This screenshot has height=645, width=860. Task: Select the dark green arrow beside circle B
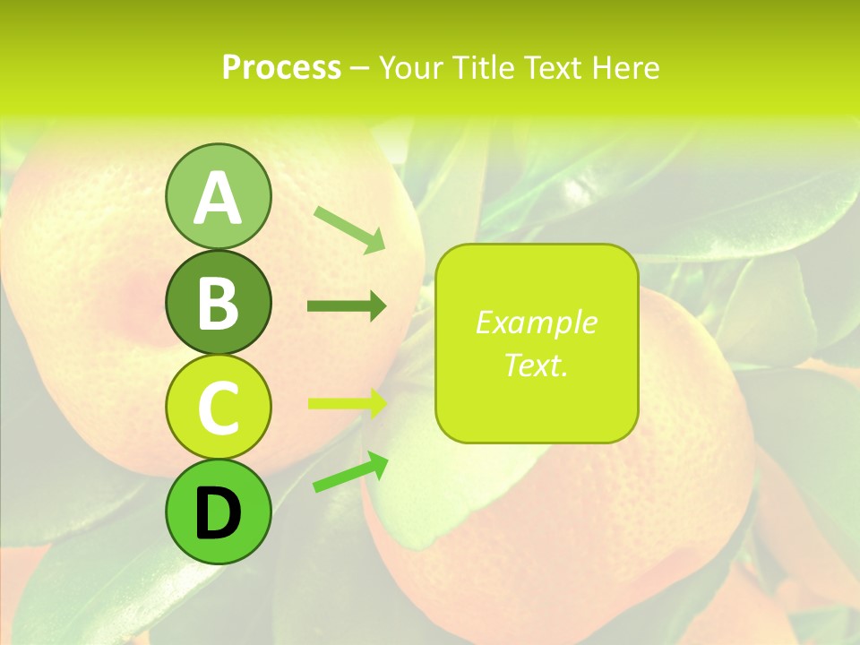click(x=347, y=307)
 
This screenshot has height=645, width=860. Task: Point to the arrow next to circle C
click(x=347, y=403)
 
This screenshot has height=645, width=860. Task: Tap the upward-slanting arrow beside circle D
click(x=350, y=472)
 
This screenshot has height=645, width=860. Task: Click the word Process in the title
click(x=281, y=68)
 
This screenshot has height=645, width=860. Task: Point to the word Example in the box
click(x=536, y=322)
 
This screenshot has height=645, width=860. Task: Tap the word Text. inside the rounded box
click(x=536, y=365)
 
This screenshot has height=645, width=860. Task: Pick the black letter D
click(x=218, y=514)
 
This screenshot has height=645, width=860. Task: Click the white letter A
click(x=218, y=199)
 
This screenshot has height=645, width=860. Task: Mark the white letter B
click(x=218, y=304)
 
